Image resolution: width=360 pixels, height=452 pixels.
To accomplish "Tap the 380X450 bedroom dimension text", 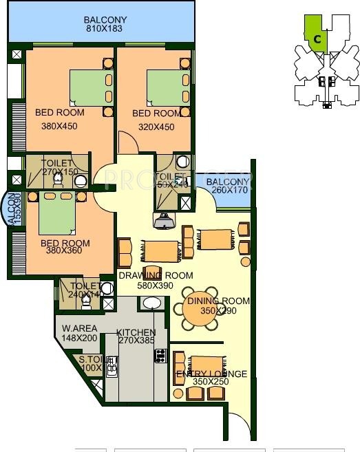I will point(59,126).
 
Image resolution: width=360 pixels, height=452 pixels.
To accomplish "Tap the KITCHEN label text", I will point(136,332).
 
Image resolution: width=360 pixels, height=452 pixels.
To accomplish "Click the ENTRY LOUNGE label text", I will point(212,374).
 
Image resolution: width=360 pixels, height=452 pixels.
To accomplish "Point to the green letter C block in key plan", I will point(316,38).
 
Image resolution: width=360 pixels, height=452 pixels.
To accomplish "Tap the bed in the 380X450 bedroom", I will point(89,87).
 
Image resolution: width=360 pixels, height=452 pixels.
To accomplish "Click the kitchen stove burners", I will point(160,355).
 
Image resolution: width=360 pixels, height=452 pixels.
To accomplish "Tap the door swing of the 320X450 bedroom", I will point(129,143).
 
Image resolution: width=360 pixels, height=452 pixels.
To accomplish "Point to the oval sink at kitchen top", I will point(151,303).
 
